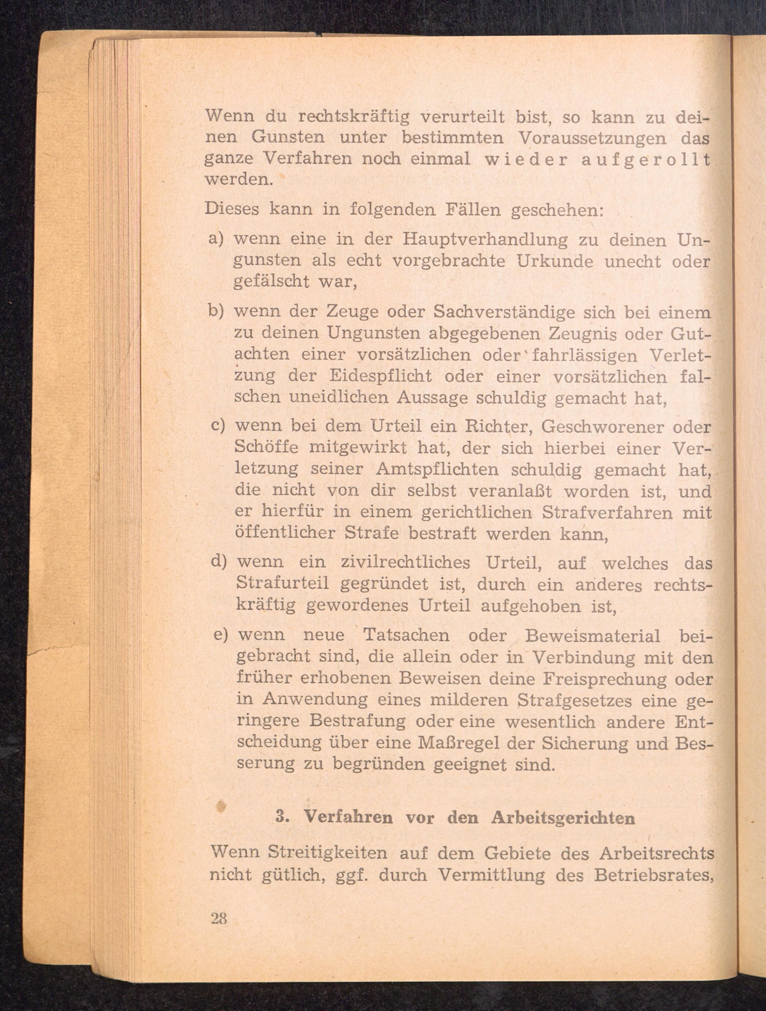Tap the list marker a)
[x=215, y=239]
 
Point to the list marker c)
[x=218, y=426]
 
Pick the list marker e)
[x=221, y=635]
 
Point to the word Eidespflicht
[x=380, y=376]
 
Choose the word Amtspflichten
[x=437, y=469]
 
